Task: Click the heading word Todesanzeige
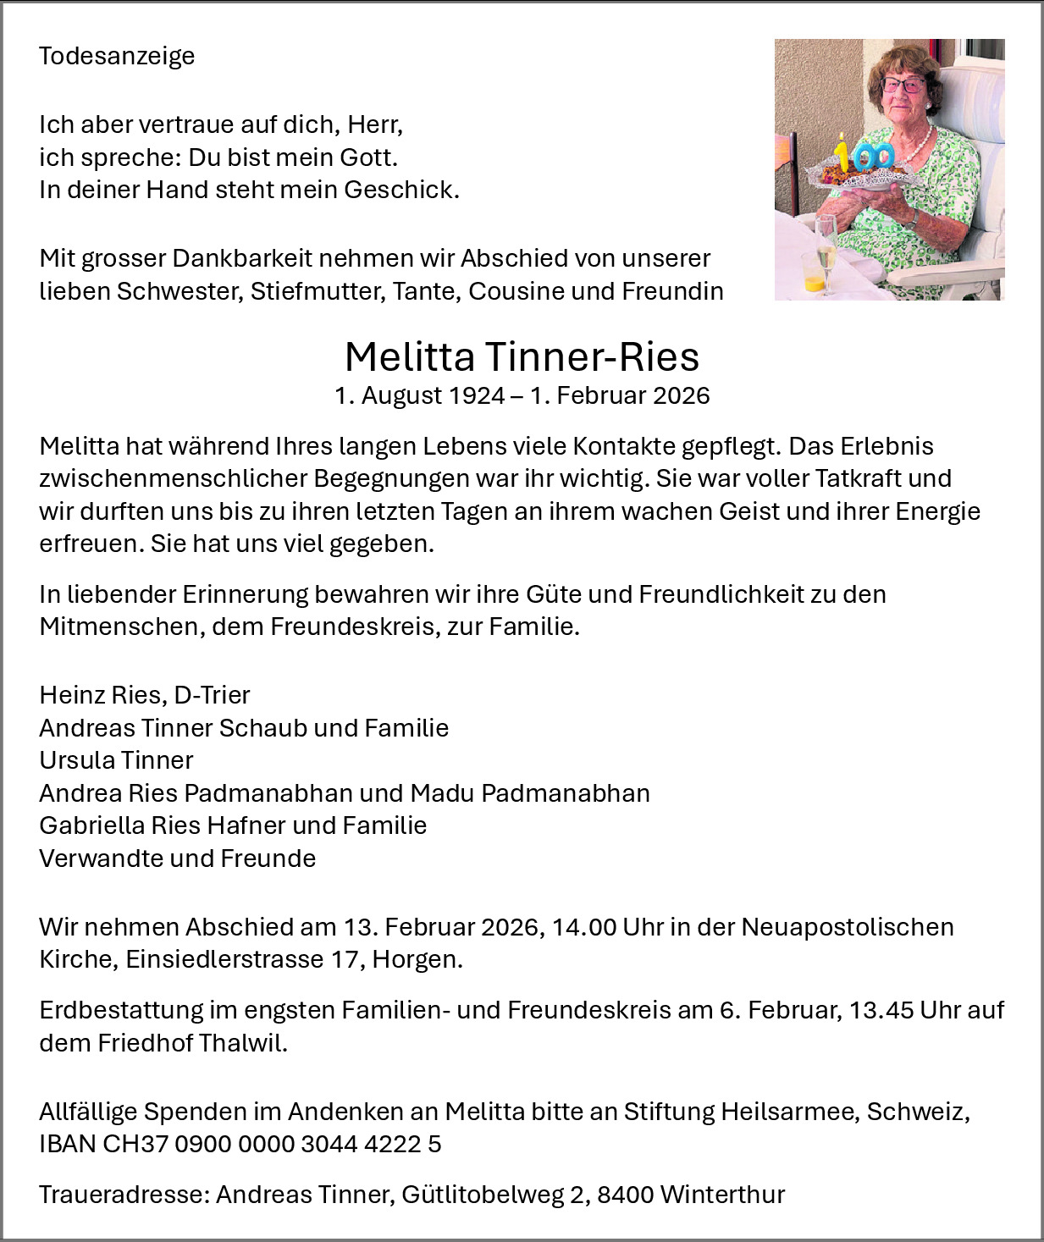click(117, 56)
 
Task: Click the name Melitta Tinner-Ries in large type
click(522, 356)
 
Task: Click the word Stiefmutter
click(321, 291)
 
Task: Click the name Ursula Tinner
click(116, 760)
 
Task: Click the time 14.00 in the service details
click(583, 927)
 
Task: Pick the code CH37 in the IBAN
click(135, 1144)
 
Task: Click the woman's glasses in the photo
click(903, 84)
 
